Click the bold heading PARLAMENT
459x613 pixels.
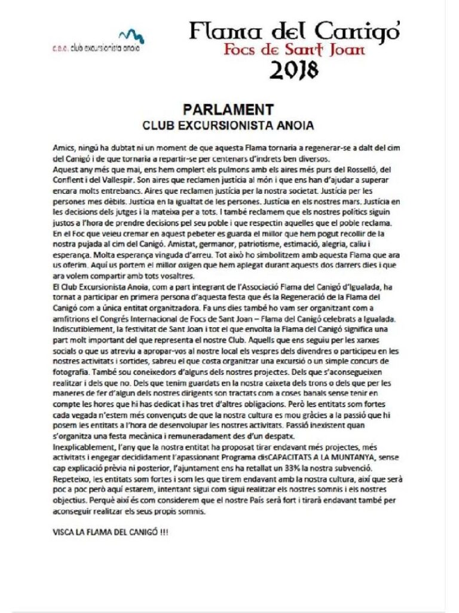(x=228, y=109)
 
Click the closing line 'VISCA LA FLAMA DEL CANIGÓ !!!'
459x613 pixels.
(x=110, y=530)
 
